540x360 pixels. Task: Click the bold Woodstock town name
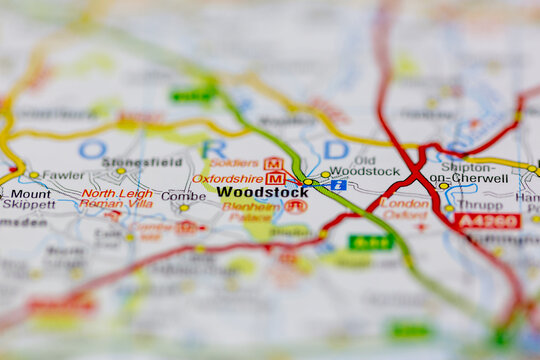coord(262,192)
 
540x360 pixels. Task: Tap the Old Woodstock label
coord(364,165)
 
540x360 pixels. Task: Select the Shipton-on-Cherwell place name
coord(467,172)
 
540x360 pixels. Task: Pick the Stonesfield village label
coord(142,162)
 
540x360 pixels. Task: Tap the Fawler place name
coord(64,175)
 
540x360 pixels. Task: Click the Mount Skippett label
coord(29,198)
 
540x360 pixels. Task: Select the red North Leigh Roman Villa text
coord(117,198)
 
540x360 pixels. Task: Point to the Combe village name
coord(184,196)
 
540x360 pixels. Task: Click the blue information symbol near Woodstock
coord(339,185)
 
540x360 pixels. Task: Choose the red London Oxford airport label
coord(405,208)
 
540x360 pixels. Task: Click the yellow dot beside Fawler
coord(33,175)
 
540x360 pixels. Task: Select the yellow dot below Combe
coord(184,208)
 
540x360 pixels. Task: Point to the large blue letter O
coord(91,149)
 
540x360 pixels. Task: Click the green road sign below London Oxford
coord(370,242)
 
